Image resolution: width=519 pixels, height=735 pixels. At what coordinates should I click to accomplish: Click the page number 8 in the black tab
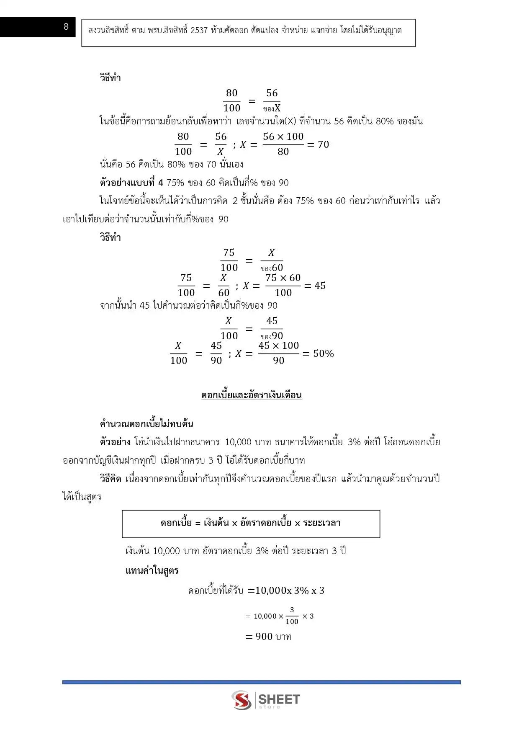pyautogui.click(x=66, y=27)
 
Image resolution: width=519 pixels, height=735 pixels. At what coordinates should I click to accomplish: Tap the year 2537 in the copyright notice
pyautogui.click(x=199, y=30)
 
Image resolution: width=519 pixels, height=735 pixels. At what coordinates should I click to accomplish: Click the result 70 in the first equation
pyautogui.click(x=323, y=144)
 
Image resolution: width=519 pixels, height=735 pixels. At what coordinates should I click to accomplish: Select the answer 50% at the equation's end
pyautogui.click(x=323, y=353)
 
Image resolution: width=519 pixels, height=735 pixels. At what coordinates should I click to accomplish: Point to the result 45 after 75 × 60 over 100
pyautogui.click(x=320, y=286)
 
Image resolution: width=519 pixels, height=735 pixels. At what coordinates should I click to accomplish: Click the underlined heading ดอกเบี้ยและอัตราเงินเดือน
pyautogui.click(x=252, y=395)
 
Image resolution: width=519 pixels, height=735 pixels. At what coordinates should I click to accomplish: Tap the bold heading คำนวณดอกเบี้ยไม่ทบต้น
pyautogui.click(x=146, y=423)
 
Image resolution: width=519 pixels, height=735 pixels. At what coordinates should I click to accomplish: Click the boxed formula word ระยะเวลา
pyautogui.click(x=321, y=523)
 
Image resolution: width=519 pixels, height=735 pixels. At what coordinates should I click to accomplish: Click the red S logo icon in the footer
pyautogui.click(x=242, y=700)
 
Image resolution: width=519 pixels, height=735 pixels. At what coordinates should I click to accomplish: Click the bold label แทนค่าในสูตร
pyautogui.click(x=152, y=570)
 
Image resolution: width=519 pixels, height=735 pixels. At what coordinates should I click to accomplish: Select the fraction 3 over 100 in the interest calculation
pyautogui.click(x=292, y=616)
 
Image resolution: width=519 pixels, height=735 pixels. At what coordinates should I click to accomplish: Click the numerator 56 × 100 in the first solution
pyautogui.click(x=283, y=137)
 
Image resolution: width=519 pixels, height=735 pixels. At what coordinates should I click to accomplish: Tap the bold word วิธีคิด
pyautogui.click(x=110, y=479)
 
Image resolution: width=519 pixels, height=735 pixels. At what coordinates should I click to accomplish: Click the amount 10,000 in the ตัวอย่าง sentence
pyautogui.click(x=238, y=442)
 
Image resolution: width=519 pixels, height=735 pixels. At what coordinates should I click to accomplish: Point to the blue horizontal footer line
pyautogui.click(x=261, y=682)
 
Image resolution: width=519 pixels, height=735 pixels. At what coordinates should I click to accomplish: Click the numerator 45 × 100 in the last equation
pyautogui.click(x=278, y=346)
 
